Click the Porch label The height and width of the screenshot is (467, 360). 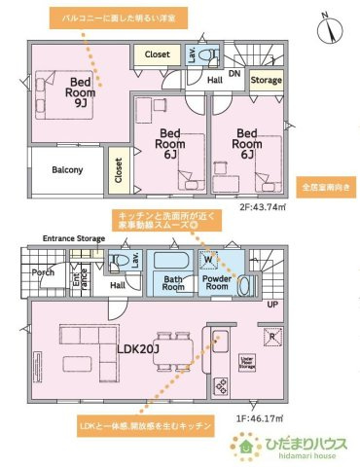[x=43, y=273]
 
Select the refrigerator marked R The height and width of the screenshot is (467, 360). [x=270, y=337]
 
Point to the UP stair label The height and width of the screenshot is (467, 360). [x=272, y=305]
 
